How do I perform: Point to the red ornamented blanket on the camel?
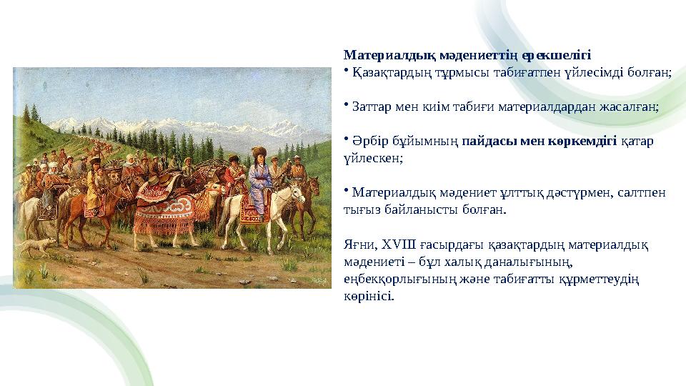coord(164,207)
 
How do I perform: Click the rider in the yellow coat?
coord(94,186)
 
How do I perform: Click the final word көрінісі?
coord(368,296)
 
